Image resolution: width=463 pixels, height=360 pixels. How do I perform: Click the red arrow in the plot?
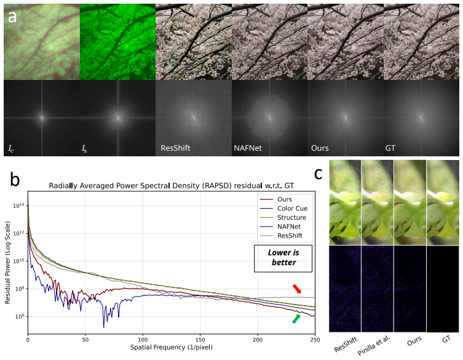tap(297, 289)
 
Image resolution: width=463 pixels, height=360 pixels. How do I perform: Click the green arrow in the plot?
tap(296, 319)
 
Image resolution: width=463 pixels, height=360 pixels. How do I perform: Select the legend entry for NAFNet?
tap(280, 226)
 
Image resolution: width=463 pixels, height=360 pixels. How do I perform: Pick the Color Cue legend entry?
tap(283, 209)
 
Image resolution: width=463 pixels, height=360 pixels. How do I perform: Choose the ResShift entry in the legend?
tap(281, 236)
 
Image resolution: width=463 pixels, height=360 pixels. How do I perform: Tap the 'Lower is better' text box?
tap(283, 258)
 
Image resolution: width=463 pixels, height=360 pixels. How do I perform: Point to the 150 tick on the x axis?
tap(200, 340)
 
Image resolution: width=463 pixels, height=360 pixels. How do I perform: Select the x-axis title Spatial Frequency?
tap(172, 347)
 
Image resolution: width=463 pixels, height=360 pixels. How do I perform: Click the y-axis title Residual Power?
tap(7, 263)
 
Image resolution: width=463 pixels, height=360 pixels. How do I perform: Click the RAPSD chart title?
tap(172, 186)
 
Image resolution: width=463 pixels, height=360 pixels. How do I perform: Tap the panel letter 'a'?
tap(12, 17)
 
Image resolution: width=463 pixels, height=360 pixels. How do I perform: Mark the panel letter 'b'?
tap(15, 179)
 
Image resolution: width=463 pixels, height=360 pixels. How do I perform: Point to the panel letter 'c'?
tap(318, 174)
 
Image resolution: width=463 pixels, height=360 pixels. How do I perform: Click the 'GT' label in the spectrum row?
tap(390, 148)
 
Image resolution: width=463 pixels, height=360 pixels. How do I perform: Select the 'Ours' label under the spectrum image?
tap(320, 148)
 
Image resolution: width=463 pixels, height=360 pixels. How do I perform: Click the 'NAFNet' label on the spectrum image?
tap(248, 148)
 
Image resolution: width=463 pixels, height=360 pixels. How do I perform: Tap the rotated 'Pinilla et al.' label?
tap(374, 345)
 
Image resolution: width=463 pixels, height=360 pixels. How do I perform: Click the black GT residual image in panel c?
tap(443, 289)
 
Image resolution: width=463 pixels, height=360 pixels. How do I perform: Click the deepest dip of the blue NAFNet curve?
tap(104, 327)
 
